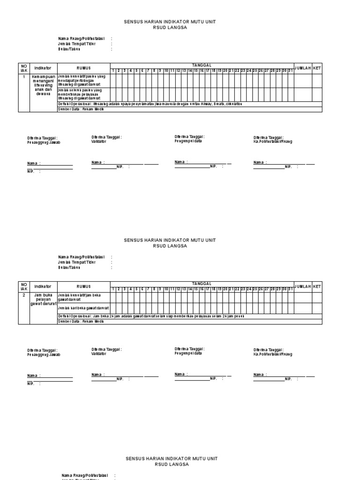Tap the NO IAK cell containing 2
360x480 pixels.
(x=24, y=295)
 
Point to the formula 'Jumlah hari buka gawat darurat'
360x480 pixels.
(x=83, y=308)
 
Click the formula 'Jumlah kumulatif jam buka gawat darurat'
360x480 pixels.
(x=83, y=297)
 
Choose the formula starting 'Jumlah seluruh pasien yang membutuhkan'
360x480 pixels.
(x=83, y=94)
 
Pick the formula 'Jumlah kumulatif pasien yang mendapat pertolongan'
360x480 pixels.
(x=83, y=81)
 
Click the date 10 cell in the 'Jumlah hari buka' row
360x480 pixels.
(x=166, y=308)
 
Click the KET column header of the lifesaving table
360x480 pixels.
(x=317, y=68)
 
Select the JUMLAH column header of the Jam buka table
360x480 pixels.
(x=303, y=286)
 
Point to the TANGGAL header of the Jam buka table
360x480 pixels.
(x=202, y=284)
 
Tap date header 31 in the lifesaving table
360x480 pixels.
(x=291, y=71)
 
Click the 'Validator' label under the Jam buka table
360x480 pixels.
(x=99, y=354)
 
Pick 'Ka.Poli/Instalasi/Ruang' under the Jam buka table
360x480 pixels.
(x=273, y=354)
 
